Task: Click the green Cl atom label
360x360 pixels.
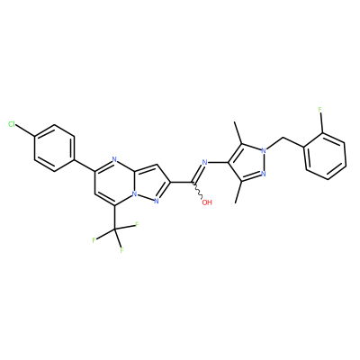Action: pyautogui.click(x=12, y=124)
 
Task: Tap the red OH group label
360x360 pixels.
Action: pyautogui.click(x=207, y=202)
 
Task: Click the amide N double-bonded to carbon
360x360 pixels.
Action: pyautogui.click(x=205, y=163)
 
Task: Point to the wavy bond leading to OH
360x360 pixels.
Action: pyautogui.click(x=198, y=190)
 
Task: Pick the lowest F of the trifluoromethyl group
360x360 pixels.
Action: pyautogui.click(x=121, y=250)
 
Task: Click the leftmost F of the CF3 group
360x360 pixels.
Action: pyautogui.click(x=94, y=240)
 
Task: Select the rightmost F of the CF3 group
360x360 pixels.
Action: pyautogui.click(x=137, y=225)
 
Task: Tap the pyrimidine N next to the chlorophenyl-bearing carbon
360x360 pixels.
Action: pyautogui.click(x=113, y=159)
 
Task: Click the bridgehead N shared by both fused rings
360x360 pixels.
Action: pyautogui.click(x=135, y=194)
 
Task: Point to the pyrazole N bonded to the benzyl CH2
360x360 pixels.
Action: pyautogui.click(x=264, y=150)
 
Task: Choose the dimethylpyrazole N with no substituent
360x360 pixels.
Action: pyautogui.click(x=264, y=174)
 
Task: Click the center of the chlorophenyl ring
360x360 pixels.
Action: pyautogui.click(x=54, y=148)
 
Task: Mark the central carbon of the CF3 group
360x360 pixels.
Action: pyautogui.click(x=115, y=229)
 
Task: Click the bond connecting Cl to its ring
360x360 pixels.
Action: pyautogui.click(x=25, y=130)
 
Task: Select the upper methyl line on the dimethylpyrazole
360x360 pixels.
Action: pyautogui.click(x=238, y=133)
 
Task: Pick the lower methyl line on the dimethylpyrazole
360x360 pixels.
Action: pyautogui.click(x=238, y=192)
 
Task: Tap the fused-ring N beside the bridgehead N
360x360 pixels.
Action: pyautogui.click(x=156, y=202)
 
